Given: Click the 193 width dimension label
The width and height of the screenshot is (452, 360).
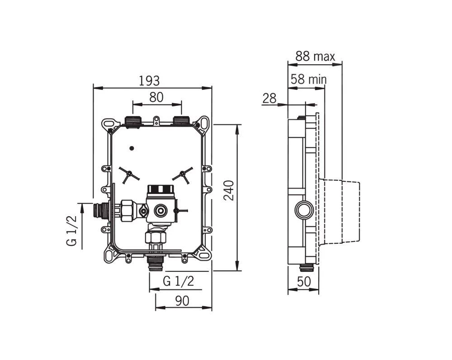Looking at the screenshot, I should click(x=149, y=81).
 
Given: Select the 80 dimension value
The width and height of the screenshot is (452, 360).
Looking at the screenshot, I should click(x=156, y=97).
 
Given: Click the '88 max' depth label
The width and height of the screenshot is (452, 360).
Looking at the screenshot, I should click(x=315, y=57).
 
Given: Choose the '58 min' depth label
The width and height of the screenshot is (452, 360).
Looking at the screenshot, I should click(x=309, y=80).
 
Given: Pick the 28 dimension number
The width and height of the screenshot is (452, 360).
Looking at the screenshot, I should click(x=269, y=98).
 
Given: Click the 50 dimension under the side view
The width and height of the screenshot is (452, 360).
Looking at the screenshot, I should click(x=304, y=281).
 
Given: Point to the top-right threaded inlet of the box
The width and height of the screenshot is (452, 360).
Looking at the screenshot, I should click(x=181, y=121).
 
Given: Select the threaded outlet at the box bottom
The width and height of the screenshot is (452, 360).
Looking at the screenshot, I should click(x=156, y=263).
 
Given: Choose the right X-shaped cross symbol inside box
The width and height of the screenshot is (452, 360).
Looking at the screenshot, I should click(x=183, y=174).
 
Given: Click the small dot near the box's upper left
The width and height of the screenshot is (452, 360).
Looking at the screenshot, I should click(x=132, y=148).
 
